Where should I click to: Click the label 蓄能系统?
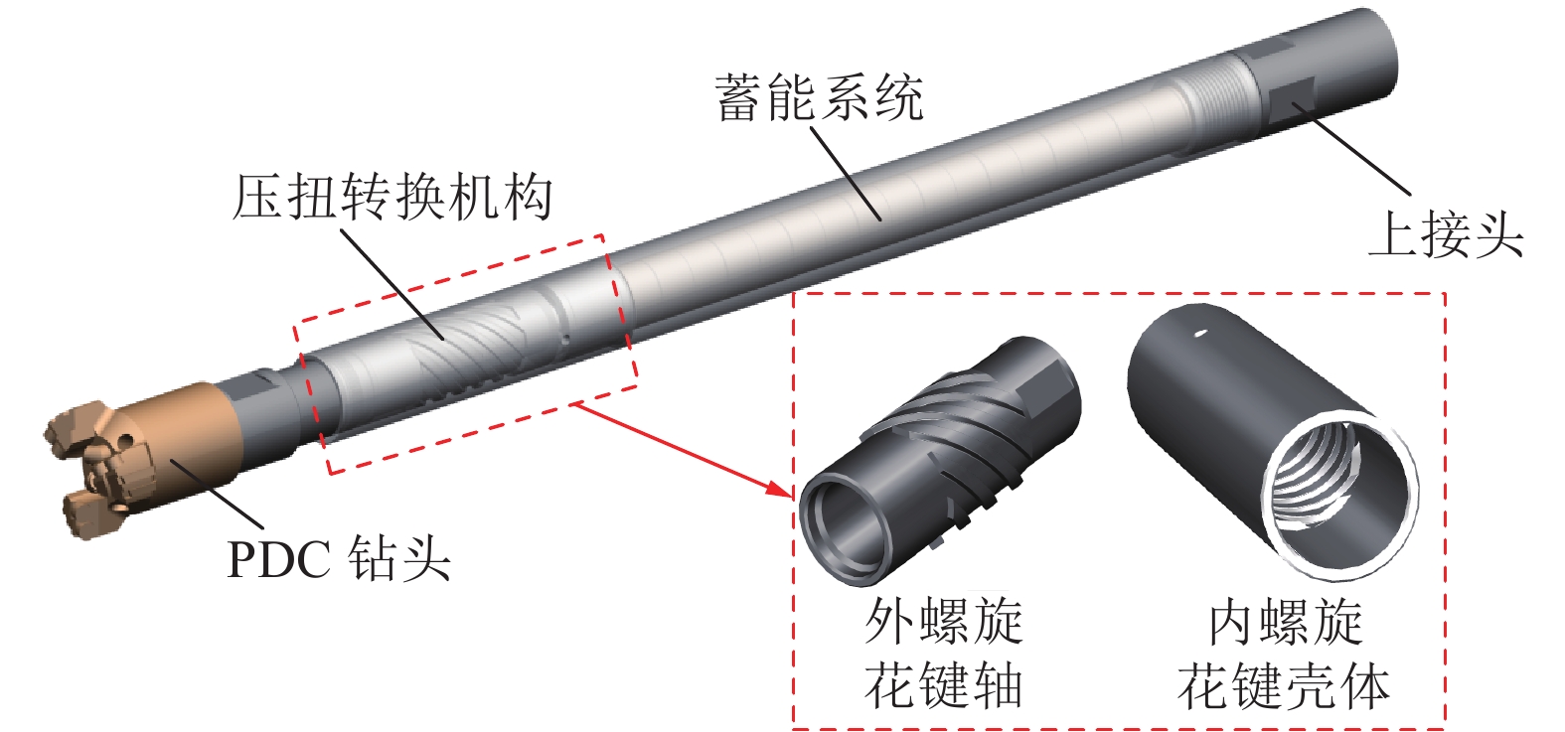[819, 97]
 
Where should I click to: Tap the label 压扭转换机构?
[391, 197]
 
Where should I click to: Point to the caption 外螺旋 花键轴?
[943, 654]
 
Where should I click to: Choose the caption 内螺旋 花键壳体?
[1284, 654]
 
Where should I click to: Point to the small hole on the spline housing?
[1200, 334]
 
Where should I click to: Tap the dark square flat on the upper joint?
[1295, 98]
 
